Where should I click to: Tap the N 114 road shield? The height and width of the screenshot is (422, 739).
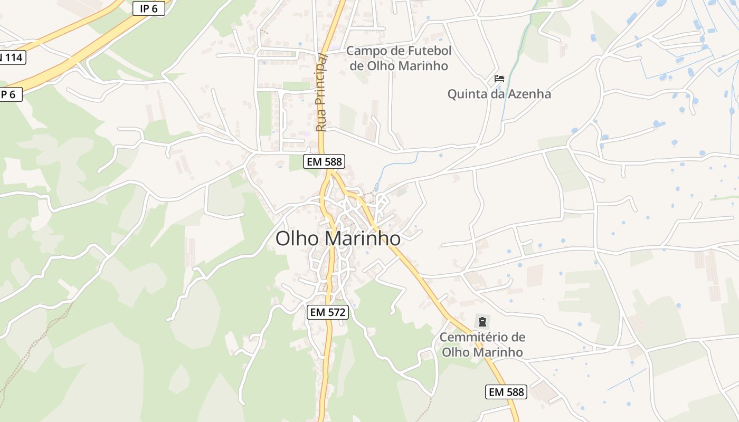click(11, 57)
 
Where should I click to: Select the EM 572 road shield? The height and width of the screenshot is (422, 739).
click(328, 312)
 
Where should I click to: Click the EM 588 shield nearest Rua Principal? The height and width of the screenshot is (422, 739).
click(324, 161)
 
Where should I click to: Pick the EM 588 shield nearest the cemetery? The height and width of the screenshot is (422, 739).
click(506, 392)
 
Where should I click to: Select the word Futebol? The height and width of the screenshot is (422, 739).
click(430, 51)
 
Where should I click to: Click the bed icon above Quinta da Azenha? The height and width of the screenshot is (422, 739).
click(499, 79)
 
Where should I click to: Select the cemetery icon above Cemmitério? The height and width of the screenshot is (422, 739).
click(481, 321)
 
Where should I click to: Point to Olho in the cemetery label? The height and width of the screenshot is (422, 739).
click(454, 352)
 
